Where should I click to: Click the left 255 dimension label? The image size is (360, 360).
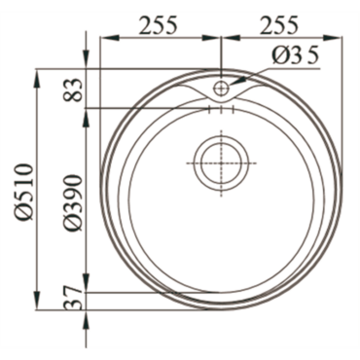(x=158, y=24)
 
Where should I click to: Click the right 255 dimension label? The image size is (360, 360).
(x=279, y=24)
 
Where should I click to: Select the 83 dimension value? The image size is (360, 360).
(x=73, y=90)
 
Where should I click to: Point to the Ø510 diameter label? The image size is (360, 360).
(x=24, y=192)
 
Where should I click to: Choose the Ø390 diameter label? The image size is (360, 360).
(x=73, y=202)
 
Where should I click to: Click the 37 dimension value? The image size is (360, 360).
(x=73, y=298)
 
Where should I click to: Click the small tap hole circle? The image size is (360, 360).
(x=221, y=88)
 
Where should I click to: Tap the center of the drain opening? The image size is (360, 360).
(x=221, y=162)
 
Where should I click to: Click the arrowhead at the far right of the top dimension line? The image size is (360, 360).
(x=335, y=38)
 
